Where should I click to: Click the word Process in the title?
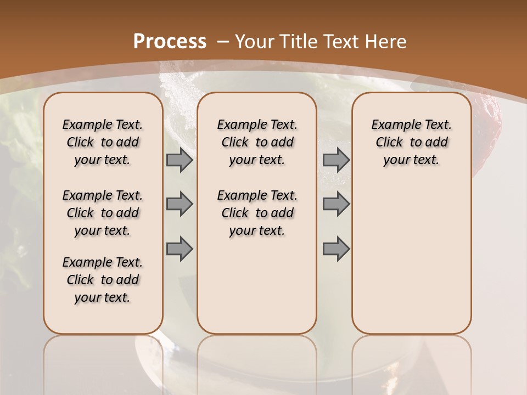170,42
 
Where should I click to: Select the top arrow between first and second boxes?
180,160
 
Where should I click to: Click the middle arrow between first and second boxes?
180,204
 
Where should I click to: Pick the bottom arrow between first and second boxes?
180,249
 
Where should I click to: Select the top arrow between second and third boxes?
336,160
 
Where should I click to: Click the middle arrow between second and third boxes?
336,204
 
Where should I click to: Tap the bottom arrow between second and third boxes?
336,249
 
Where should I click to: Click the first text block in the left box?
103,142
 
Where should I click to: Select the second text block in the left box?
103,213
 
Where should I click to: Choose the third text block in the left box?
103,280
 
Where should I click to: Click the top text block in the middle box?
257,142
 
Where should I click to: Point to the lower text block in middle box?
257,213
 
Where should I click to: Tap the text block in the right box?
412,142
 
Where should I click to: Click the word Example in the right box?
393,125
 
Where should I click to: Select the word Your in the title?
255,42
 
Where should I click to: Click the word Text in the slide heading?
344,42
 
